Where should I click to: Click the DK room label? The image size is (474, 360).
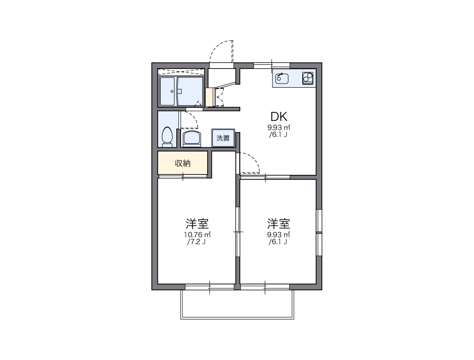click(x=279, y=117)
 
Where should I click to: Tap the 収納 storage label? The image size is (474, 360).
click(x=182, y=163)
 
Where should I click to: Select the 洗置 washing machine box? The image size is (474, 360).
click(x=223, y=138)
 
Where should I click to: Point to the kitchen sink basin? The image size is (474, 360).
click(x=282, y=78)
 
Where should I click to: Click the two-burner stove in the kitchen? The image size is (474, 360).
click(x=308, y=78)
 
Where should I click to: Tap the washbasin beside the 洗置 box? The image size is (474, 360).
click(x=191, y=138)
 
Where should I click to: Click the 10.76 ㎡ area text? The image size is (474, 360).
click(x=197, y=235)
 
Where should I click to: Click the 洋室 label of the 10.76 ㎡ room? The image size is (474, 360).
click(x=196, y=223)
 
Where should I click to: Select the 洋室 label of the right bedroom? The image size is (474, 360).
click(x=279, y=223)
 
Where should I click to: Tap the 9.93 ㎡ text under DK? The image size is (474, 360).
click(x=279, y=127)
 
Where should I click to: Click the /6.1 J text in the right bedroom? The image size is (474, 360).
click(x=279, y=242)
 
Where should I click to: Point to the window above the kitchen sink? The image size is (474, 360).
click(x=272, y=65)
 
